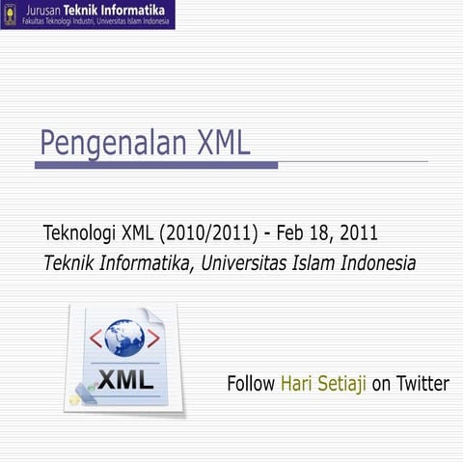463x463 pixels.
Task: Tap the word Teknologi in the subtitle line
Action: (80, 233)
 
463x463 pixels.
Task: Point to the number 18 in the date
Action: (324, 233)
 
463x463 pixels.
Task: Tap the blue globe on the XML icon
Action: (124, 338)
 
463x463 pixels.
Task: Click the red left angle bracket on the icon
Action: (95, 338)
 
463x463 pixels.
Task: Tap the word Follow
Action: (251, 384)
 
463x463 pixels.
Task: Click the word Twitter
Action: (422, 384)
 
